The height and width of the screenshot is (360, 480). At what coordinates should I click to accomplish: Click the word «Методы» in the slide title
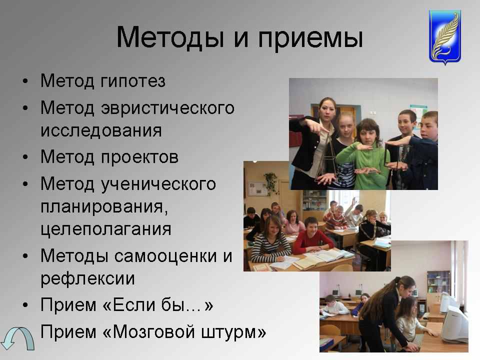pyautogui.click(x=170, y=37)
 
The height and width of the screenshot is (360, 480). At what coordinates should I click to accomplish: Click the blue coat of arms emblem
pyautogui.click(x=445, y=36)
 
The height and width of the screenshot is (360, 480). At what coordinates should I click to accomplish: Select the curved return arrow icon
pyautogui.click(x=18, y=338)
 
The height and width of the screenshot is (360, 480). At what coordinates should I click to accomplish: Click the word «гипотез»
pyautogui.click(x=133, y=81)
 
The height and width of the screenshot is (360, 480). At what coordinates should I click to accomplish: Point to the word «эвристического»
pyautogui.click(x=168, y=108)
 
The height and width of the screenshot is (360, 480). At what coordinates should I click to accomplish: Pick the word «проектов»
pyautogui.click(x=139, y=157)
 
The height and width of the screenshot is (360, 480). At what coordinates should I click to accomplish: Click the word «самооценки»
pyautogui.click(x=165, y=256)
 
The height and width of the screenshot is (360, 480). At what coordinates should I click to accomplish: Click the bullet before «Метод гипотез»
pyautogui.click(x=25, y=81)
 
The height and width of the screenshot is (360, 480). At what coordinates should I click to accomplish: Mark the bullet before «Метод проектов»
pyautogui.click(x=25, y=157)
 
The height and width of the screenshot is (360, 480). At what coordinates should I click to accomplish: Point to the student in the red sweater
pyautogui.click(x=312, y=236)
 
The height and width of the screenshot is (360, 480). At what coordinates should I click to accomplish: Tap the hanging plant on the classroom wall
pyautogui.click(x=271, y=182)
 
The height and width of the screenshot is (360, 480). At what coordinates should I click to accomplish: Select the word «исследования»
pyautogui.click(x=101, y=130)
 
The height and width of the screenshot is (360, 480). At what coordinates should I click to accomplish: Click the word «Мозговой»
pyautogui.click(x=153, y=331)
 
